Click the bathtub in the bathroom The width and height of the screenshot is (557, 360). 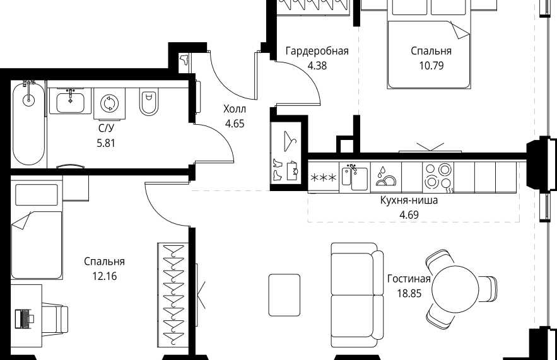point(28,123)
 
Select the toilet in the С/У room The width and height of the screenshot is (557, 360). point(148,102)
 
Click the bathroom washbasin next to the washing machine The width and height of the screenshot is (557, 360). point(70,101)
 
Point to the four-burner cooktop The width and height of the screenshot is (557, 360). point(438,177)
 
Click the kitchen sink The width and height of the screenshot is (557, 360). point(355,177)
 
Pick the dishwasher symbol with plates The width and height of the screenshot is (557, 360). point(386,177)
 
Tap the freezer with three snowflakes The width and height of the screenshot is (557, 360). point(323,178)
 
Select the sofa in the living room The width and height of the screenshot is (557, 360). point(357,295)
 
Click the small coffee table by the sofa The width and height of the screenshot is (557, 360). point(284,295)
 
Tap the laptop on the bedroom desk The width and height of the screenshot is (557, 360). point(24,318)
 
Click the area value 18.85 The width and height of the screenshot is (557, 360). point(409,294)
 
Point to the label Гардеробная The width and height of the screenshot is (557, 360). point(317,51)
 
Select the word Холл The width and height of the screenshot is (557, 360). point(235,109)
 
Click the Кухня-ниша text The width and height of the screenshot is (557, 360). point(409,200)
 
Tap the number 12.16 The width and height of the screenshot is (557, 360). point(105,276)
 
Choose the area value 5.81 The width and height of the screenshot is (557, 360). point(106,143)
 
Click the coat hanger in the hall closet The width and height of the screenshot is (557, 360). point(290,141)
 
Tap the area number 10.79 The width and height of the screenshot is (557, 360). point(431,66)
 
